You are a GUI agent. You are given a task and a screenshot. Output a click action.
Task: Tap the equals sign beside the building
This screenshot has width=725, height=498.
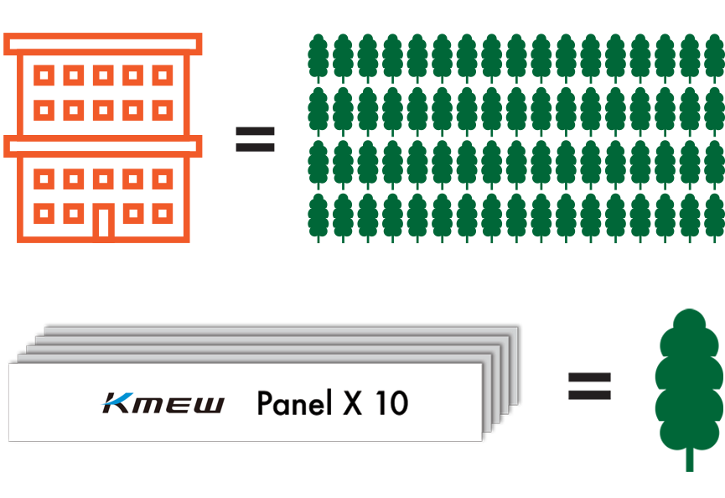pyautogui.click(x=255, y=139)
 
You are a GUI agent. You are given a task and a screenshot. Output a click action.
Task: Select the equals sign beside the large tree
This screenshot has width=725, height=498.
pyautogui.click(x=590, y=386)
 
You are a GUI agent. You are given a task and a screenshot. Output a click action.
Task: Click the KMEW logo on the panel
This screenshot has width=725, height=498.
pyautogui.click(x=163, y=403)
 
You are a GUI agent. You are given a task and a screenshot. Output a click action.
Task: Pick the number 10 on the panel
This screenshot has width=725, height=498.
pyautogui.click(x=391, y=403)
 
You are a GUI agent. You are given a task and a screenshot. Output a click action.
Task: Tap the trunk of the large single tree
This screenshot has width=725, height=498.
pyautogui.click(x=690, y=459)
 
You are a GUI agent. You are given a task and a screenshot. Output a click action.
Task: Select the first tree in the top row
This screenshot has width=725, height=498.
pyautogui.click(x=318, y=57)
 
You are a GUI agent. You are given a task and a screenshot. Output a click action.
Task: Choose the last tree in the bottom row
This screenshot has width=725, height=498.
pyautogui.click(x=713, y=217)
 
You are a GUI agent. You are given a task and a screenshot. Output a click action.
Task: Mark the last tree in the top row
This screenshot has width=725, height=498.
pyautogui.click(x=713, y=57)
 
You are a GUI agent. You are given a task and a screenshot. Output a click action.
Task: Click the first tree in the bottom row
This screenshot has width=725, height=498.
pyautogui.click(x=318, y=217)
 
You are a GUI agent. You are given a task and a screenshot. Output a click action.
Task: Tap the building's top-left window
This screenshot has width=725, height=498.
pyautogui.click(x=44, y=76)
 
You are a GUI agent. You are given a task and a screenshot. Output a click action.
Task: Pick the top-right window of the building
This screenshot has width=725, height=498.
pyautogui.click(x=163, y=76)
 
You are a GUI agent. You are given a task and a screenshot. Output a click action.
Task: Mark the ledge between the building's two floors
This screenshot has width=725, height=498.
pyautogui.click(x=103, y=147)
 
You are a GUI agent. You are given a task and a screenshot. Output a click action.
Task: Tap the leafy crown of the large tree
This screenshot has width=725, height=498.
pyautogui.click(x=690, y=377)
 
